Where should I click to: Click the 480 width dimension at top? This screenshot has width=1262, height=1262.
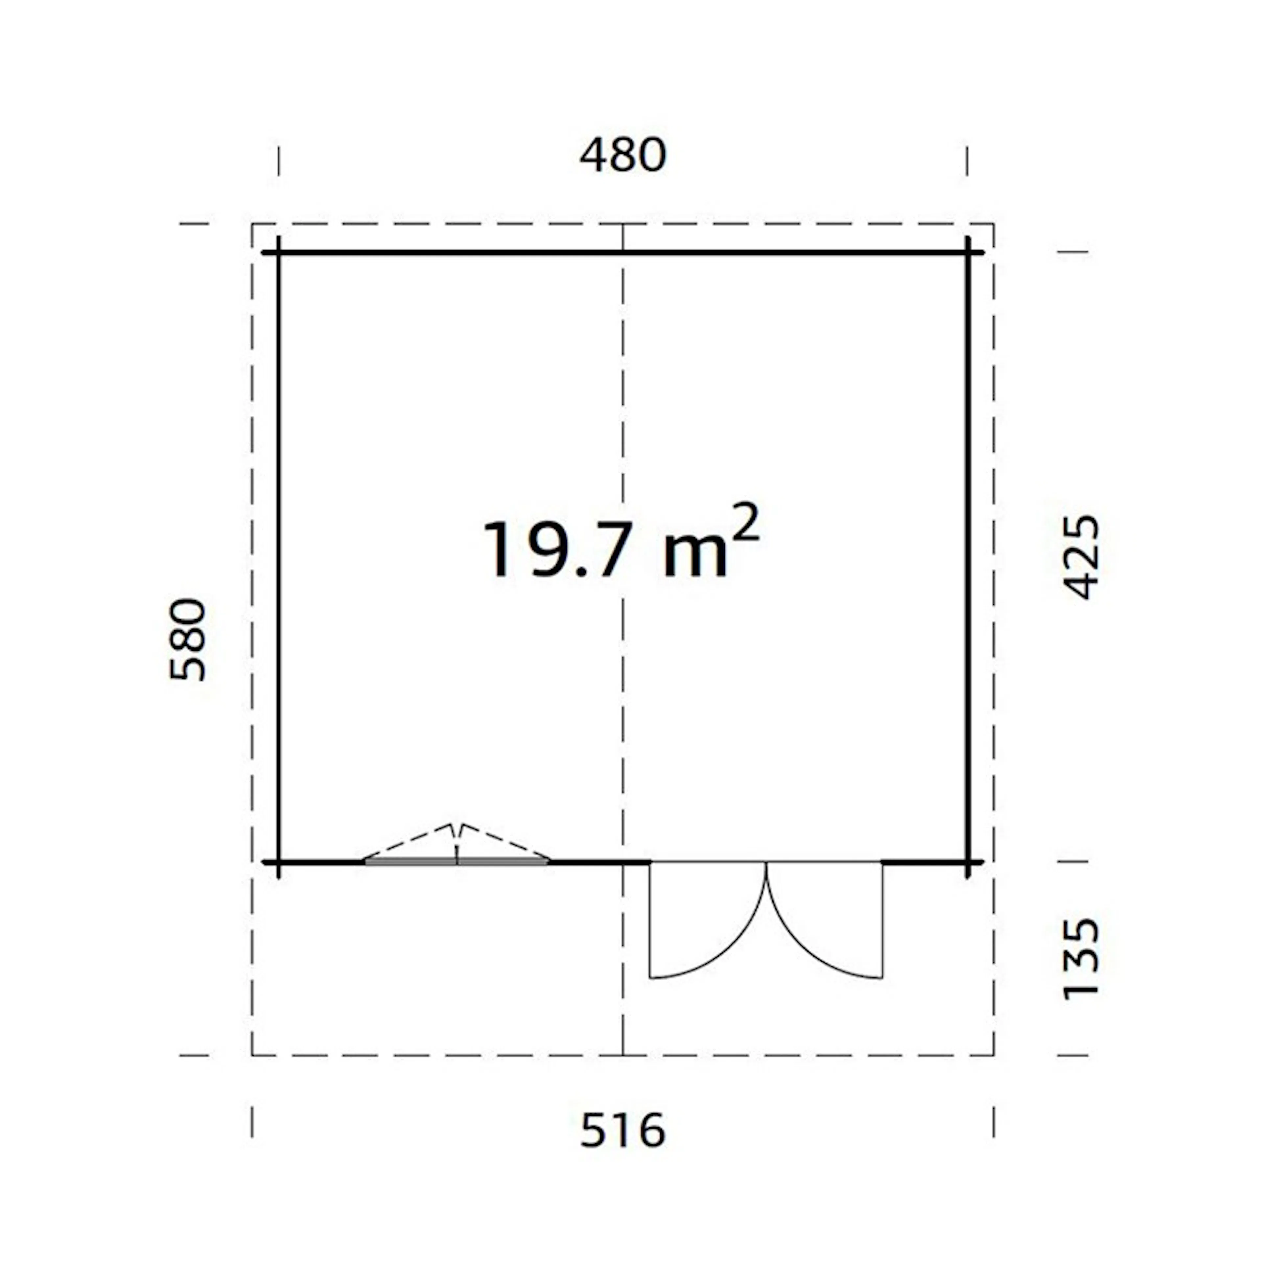tap(623, 155)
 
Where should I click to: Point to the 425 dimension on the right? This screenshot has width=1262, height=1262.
tap(1082, 557)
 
